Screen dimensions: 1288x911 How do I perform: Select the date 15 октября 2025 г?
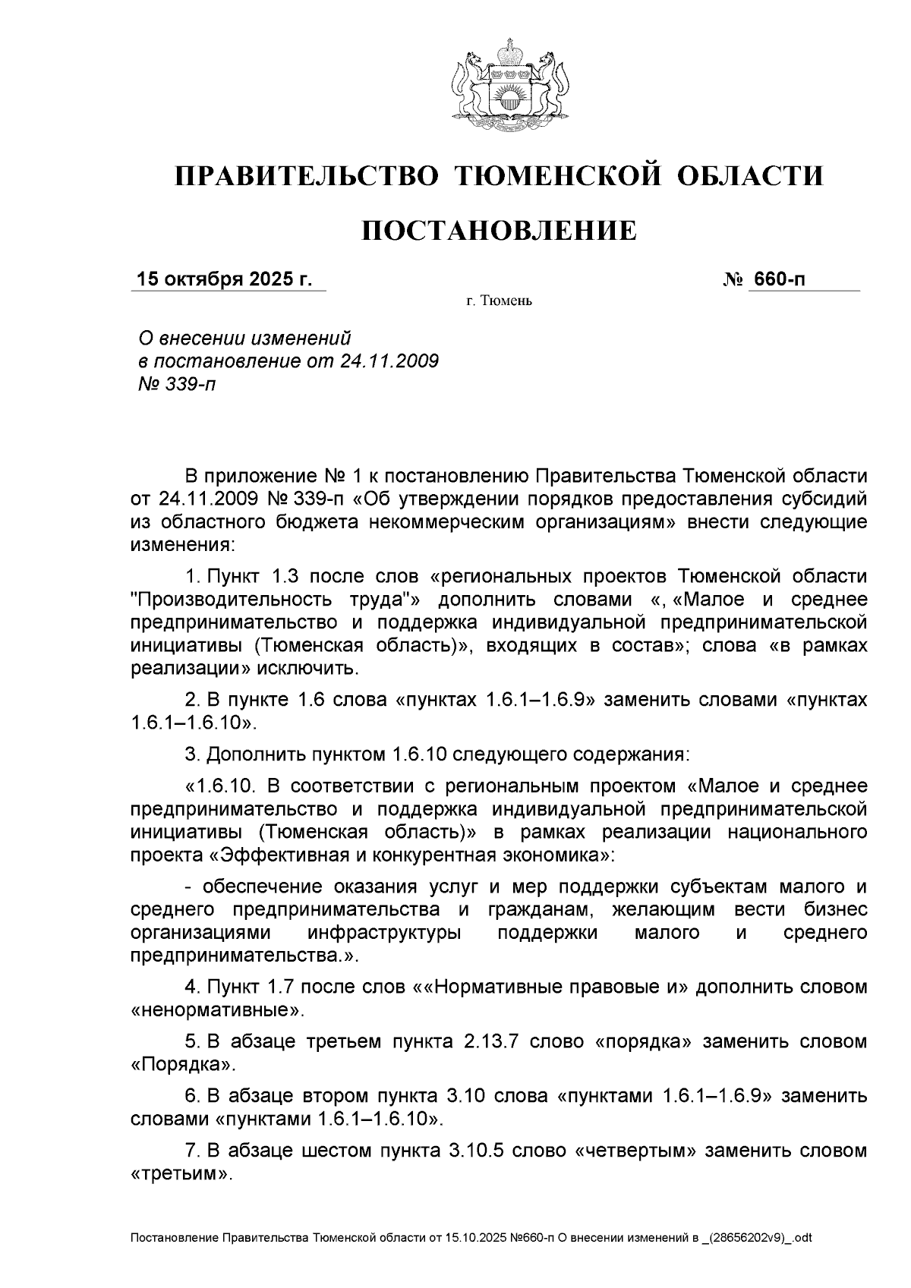224,279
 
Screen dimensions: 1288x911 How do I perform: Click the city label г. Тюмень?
499,302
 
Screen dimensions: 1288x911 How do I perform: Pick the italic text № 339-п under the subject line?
175,384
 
